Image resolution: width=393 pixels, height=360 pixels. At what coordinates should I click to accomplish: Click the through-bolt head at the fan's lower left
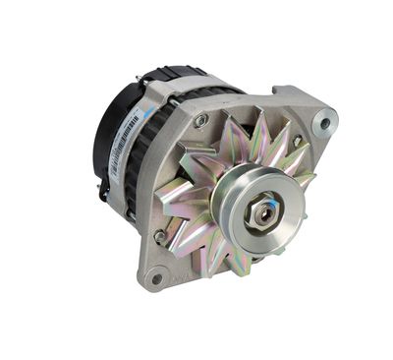(160, 236)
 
